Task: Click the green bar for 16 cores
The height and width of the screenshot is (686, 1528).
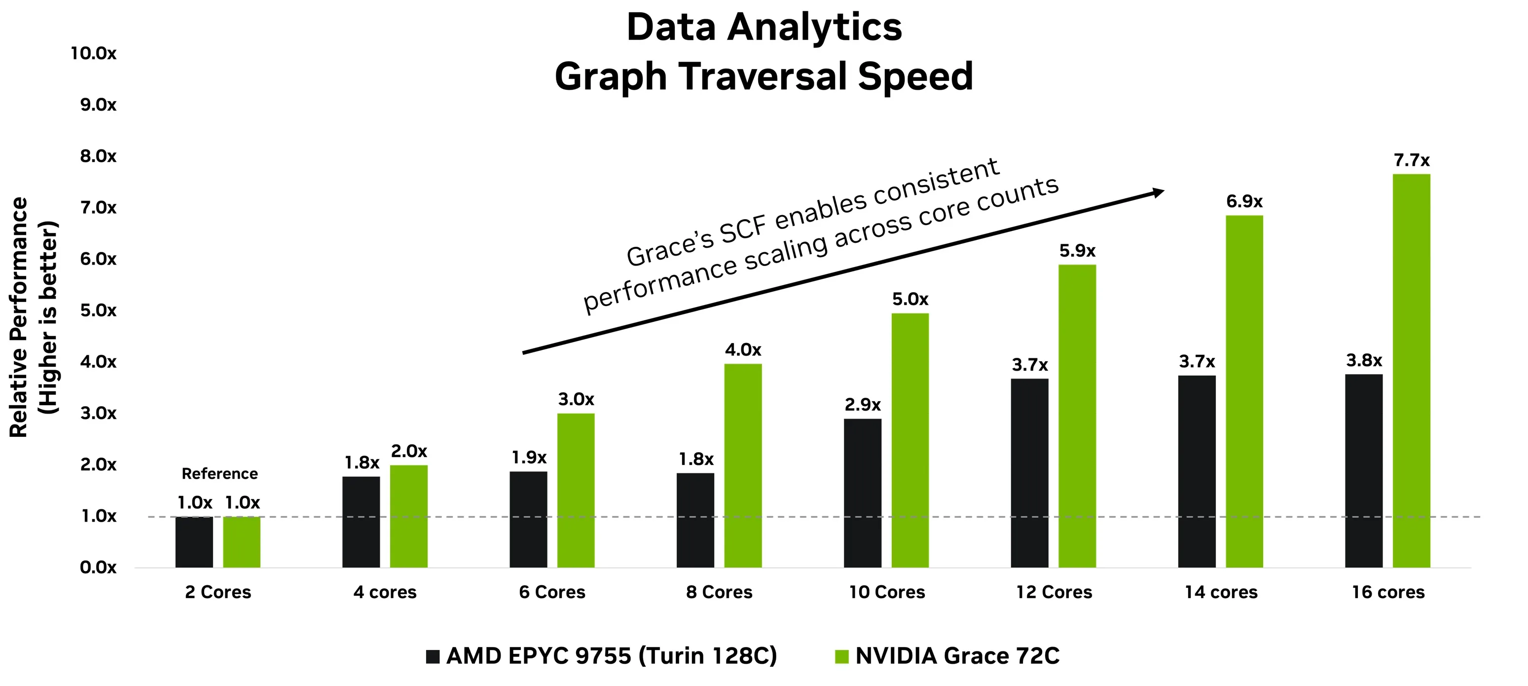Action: pos(1411,371)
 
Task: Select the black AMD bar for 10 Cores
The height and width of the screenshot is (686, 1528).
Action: pos(863,493)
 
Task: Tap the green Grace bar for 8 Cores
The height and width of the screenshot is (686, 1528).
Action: pos(743,466)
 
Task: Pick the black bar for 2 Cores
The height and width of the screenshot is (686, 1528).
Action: pos(194,542)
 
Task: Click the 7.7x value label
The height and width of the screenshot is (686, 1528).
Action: pos(1411,160)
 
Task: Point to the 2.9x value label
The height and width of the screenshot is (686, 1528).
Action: pos(863,405)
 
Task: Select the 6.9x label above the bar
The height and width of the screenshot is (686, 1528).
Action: pos(1244,201)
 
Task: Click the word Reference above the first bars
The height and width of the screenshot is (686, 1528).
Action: pos(219,474)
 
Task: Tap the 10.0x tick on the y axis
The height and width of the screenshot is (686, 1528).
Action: pos(93,53)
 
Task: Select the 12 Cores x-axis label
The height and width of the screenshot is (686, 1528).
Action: pos(1054,592)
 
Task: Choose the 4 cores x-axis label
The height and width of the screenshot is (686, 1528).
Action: pos(385,592)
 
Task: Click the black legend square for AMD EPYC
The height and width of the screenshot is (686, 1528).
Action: pos(433,656)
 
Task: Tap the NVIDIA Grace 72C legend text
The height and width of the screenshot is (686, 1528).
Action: pos(957,656)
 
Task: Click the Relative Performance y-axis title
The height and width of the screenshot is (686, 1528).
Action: pos(19,317)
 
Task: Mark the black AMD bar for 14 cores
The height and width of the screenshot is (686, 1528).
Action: pos(1197,471)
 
